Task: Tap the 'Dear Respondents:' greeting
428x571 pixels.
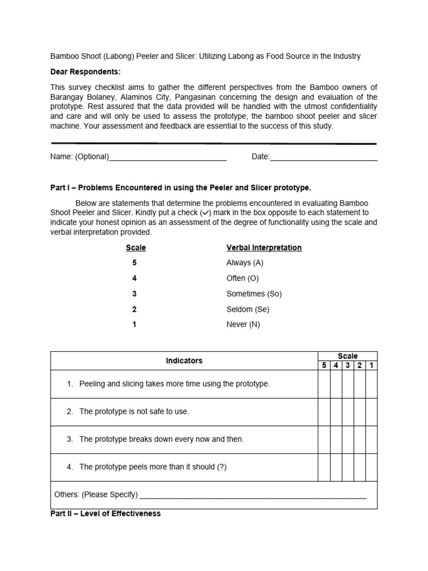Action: (85, 72)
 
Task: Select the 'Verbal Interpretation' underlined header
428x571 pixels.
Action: (264, 248)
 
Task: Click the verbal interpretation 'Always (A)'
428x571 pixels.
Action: (244, 263)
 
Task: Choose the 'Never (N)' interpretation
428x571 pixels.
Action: (243, 325)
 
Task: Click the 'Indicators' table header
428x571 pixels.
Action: (184, 361)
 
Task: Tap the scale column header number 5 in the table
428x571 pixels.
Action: (324, 365)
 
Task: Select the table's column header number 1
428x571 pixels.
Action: (371, 365)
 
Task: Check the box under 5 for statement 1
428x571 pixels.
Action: (324, 384)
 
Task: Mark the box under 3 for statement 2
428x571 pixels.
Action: (348, 412)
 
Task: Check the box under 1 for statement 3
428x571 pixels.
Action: (371, 439)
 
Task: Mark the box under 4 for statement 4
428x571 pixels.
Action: (336, 467)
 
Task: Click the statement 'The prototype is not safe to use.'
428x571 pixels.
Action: (134, 412)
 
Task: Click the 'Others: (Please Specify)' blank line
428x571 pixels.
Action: (253, 495)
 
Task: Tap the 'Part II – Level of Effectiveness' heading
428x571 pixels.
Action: (105, 514)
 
